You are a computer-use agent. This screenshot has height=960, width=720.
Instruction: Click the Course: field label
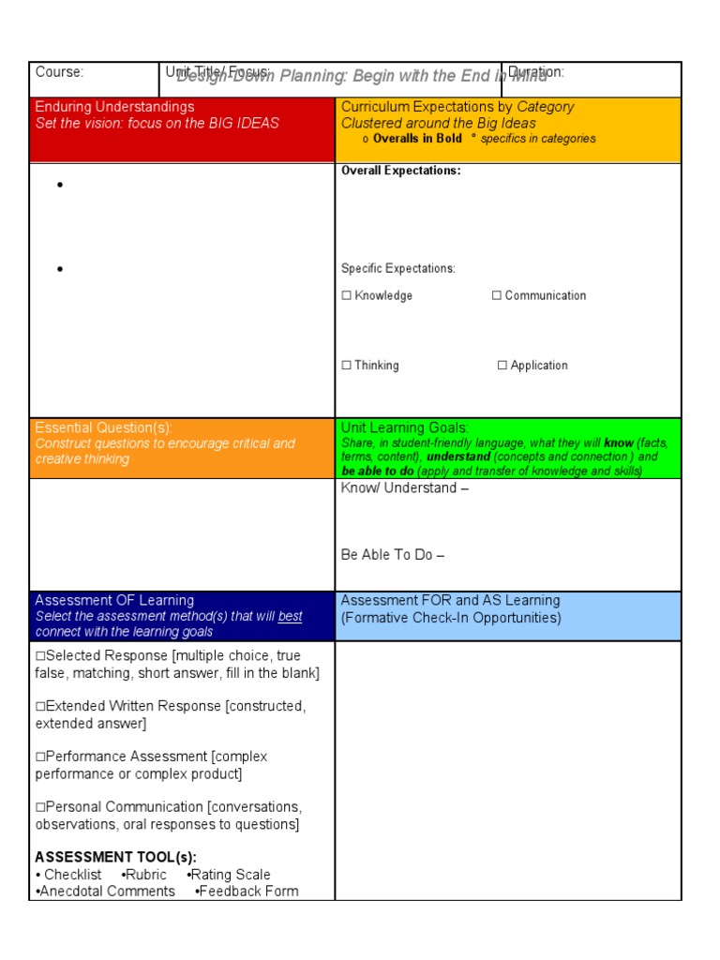pyautogui.click(x=59, y=72)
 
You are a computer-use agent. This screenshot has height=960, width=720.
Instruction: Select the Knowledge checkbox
pyautogui.click(x=346, y=295)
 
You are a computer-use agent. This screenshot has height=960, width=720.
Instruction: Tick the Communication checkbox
pyautogui.click(x=497, y=295)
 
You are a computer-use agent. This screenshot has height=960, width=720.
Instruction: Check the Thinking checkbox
pyautogui.click(x=346, y=366)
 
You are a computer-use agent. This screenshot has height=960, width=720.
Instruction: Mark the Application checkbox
pyautogui.click(x=502, y=366)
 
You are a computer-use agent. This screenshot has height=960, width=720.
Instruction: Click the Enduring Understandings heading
pyautogui.click(x=114, y=107)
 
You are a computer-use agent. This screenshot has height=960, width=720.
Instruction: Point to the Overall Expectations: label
pyautogui.click(x=400, y=171)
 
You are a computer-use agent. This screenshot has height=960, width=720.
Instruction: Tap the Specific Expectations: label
pyautogui.click(x=397, y=269)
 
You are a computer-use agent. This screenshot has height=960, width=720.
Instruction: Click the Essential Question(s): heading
pyautogui.click(x=104, y=427)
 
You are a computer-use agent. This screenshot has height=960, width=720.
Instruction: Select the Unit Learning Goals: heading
pyautogui.click(x=405, y=427)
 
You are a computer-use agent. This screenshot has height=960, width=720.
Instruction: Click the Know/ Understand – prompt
pyautogui.click(x=405, y=488)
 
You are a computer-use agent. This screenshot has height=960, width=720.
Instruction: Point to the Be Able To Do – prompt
pyautogui.click(x=392, y=555)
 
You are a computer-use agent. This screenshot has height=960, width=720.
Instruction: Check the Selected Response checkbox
pyautogui.click(x=40, y=656)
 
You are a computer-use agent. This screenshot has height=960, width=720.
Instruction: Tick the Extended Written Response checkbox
pyautogui.click(x=40, y=706)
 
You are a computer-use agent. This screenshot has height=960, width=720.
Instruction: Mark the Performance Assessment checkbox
pyautogui.click(x=40, y=757)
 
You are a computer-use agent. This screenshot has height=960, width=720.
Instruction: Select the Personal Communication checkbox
pyautogui.click(x=40, y=807)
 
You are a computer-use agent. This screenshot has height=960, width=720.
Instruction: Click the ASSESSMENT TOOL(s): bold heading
pyautogui.click(x=116, y=857)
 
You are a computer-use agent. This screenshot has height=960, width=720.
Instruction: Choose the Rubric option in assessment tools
pyautogui.click(x=145, y=875)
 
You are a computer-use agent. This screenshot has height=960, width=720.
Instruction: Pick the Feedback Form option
pyautogui.click(x=247, y=892)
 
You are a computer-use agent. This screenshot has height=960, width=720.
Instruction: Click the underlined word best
pyautogui.click(x=290, y=617)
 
